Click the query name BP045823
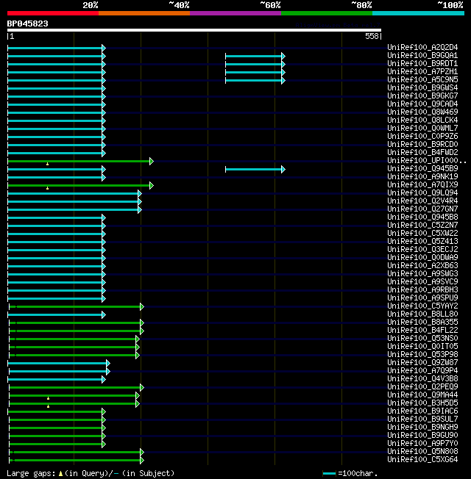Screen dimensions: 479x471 tap(28, 24)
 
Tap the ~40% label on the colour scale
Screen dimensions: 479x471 tap(179, 5)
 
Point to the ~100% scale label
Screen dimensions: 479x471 tap(450, 5)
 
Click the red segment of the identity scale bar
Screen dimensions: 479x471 tap(52, 13)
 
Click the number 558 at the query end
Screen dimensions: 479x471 tap(372, 36)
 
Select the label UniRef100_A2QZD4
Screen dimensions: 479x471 tap(422, 48)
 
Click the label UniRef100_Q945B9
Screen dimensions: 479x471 tap(422, 169)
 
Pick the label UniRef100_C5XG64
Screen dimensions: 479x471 tap(422, 460)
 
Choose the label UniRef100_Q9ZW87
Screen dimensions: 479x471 tap(422, 363)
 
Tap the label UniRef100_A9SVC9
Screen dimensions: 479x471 tap(422, 282)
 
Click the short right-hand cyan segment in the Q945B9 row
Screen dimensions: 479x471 tap(254, 169)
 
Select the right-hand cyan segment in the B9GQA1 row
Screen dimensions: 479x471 tap(254, 56)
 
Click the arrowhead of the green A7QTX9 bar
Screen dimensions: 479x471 tap(152, 185)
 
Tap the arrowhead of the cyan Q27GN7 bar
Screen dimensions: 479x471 tap(139, 209)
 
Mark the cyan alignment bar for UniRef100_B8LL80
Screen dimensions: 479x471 tap(56, 314)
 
